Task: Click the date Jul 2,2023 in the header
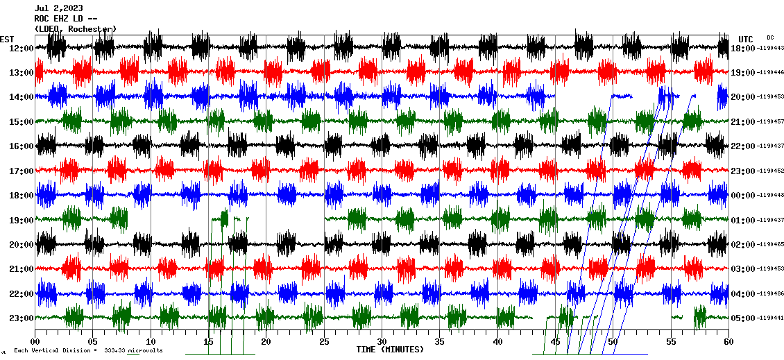tap(58, 8)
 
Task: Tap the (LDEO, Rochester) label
tap(75, 28)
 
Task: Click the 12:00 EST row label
tap(22, 48)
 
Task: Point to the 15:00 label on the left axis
tap(22, 121)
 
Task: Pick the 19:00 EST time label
tap(22, 220)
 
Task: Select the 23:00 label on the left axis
tap(22, 318)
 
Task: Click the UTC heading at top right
tap(746, 39)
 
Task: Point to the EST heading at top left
tap(8, 39)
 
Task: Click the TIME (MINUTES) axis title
tap(390, 349)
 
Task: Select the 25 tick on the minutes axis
tap(324, 341)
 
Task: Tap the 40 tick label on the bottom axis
tap(497, 341)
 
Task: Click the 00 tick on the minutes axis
tap(35, 341)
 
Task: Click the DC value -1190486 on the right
tap(770, 293)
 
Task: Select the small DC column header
tap(770, 37)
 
